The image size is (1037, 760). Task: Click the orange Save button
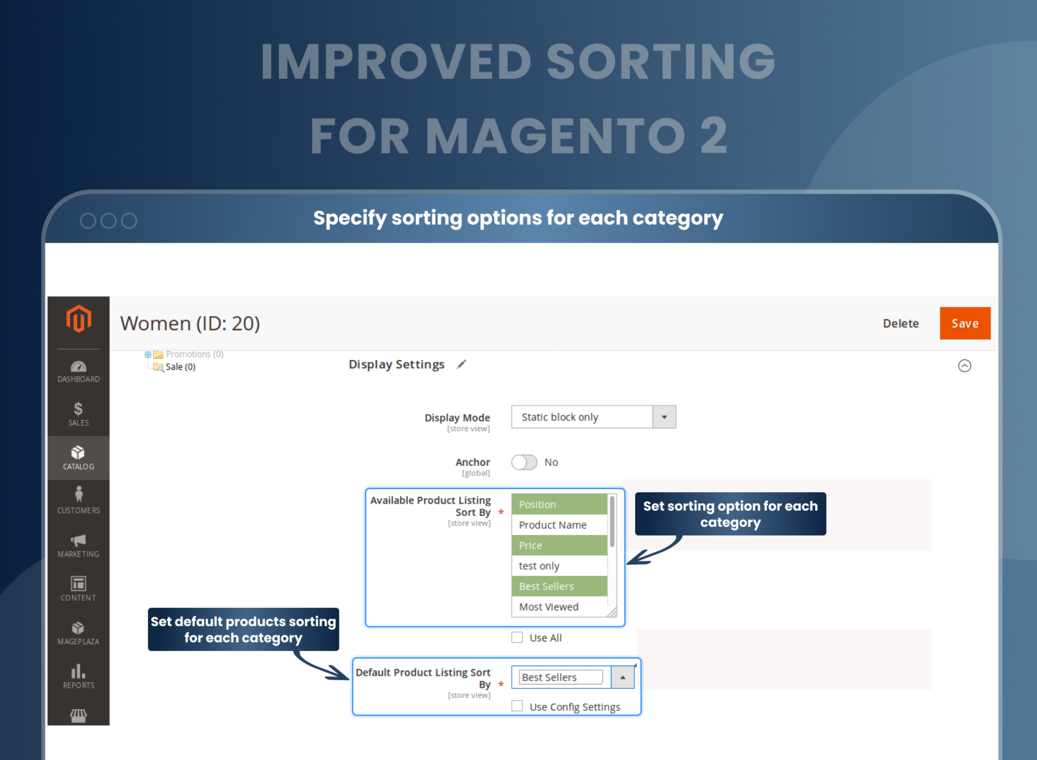pos(964,323)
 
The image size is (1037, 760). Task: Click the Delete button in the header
pos(900,323)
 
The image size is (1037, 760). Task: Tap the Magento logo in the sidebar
pos(79,319)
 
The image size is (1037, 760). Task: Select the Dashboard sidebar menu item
pos(79,372)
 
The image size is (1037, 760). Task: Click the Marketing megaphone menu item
pos(79,545)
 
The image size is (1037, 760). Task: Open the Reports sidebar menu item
pos(79,676)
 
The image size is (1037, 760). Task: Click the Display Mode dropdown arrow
pos(664,417)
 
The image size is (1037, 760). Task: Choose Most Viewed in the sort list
pos(549,607)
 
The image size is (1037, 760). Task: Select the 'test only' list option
pos(539,566)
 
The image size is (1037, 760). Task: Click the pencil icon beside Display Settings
pos(461,364)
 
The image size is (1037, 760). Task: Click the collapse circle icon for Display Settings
pos(964,366)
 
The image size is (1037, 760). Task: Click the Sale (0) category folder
pos(180,367)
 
